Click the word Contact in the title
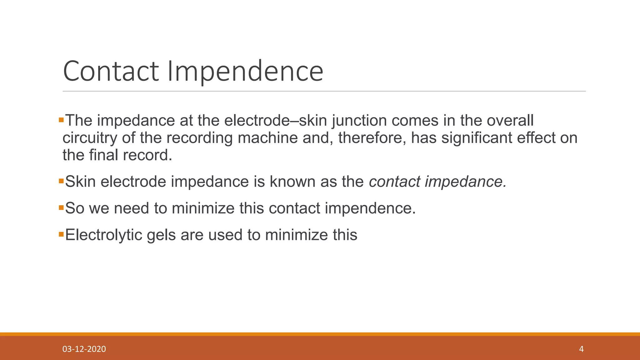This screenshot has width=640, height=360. pyautogui.click(x=111, y=71)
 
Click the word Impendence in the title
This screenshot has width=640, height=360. pyautogui.click(x=245, y=72)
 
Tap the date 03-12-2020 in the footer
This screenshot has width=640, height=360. pyautogui.click(x=84, y=349)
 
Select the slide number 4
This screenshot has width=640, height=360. pyautogui.click(x=581, y=349)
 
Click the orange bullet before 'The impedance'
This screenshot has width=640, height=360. pyautogui.click(x=61, y=120)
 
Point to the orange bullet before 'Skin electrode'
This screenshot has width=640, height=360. pyautogui.click(x=61, y=181)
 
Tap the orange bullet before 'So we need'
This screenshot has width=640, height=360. pyautogui.click(x=61, y=207)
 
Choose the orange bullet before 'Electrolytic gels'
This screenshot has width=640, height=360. pyautogui.click(x=61, y=234)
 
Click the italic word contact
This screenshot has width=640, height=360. pyautogui.click(x=394, y=182)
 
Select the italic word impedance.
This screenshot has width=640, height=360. pyautogui.click(x=465, y=182)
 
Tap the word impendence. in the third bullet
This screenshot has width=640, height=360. pyautogui.click(x=370, y=208)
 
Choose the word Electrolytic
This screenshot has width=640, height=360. pyautogui.click(x=103, y=235)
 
